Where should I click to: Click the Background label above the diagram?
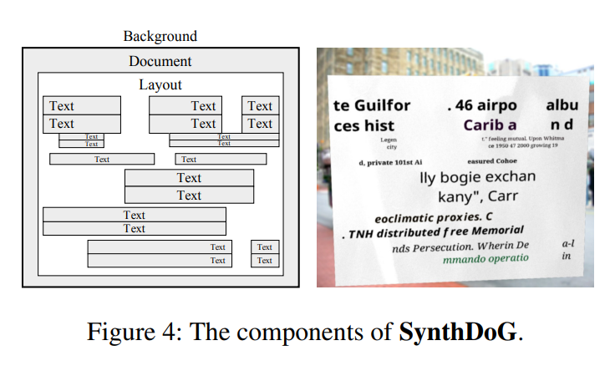160,37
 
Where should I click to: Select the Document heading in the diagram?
160,62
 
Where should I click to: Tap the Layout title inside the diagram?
160,84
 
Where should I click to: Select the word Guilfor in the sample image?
381,106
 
